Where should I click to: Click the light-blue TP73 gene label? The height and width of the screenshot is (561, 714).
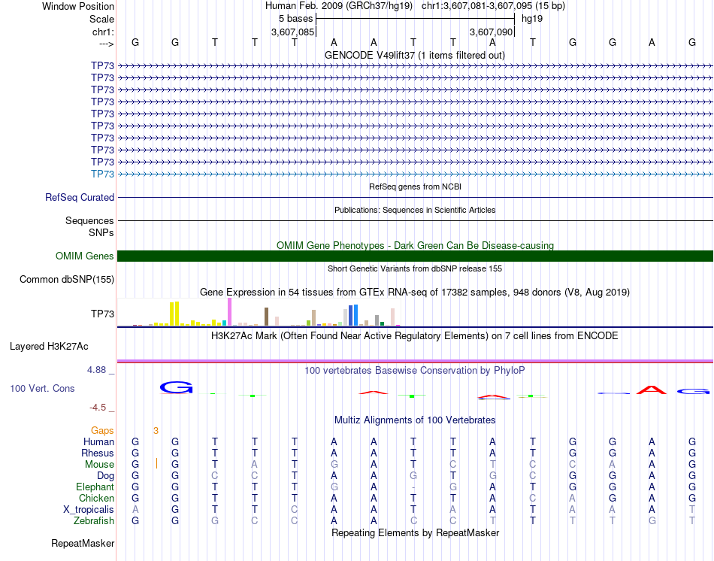[x=102, y=174]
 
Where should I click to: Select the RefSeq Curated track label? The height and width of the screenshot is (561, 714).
[x=80, y=197]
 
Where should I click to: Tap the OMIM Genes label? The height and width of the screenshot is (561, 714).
[x=85, y=256]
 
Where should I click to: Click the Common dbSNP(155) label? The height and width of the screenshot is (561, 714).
[x=66, y=280]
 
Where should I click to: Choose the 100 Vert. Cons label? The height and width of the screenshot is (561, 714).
[x=42, y=389]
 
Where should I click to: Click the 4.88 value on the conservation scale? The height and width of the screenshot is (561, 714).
[x=98, y=370]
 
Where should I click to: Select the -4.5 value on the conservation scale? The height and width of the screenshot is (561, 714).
[x=98, y=408]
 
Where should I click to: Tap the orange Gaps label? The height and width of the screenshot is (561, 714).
[x=102, y=430]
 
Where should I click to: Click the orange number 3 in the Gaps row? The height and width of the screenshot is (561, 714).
[x=156, y=430]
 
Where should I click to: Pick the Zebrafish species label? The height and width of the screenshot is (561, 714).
[x=93, y=520]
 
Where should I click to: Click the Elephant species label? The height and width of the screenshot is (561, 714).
[x=95, y=487]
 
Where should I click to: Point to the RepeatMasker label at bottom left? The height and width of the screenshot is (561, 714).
[x=83, y=543]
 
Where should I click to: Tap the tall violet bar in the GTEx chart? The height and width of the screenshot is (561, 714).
[x=229, y=311]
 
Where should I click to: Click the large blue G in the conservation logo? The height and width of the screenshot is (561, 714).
[x=177, y=387]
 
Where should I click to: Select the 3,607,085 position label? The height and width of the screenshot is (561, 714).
[x=292, y=32]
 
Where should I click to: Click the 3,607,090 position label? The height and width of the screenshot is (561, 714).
[x=491, y=32]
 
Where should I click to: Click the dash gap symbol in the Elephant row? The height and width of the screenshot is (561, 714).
[x=413, y=487]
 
